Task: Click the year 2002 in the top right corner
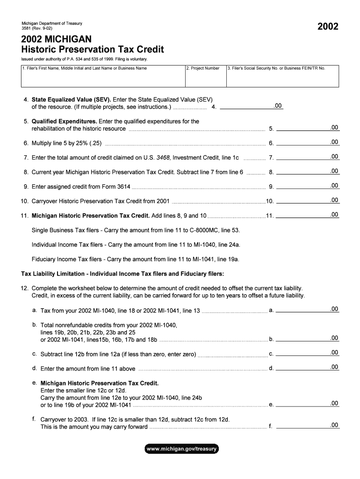tap(328, 27)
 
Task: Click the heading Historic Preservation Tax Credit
tap(93, 49)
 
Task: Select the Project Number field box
tap(205, 77)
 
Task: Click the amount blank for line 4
tap(251, 106)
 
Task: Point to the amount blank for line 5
tap(308, 128)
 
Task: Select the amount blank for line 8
tap(308, 171)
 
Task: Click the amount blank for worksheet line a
tap(308, 309)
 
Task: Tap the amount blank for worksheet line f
tap(308, 426)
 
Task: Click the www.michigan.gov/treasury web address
tap(181, 449)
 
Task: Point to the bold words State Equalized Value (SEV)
tap(71, 100)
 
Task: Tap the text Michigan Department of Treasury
tap(52, 23)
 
